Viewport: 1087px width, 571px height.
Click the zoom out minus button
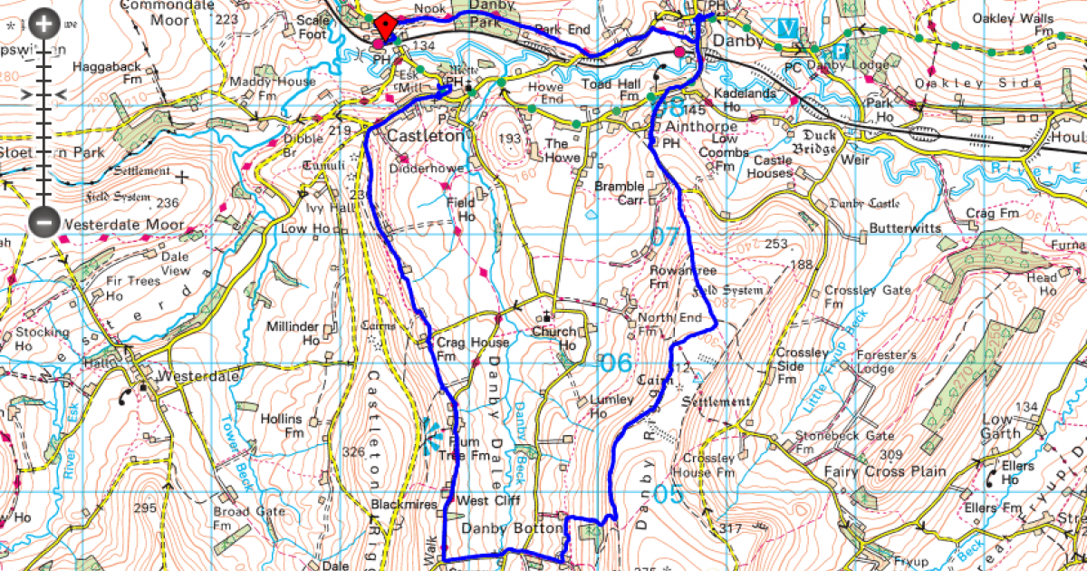[x=43, y=221]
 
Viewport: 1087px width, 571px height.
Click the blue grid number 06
[x=616, y=363]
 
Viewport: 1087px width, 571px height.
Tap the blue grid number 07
[x=665, y=238]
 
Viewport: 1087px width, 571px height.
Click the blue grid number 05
[x=668, y=494]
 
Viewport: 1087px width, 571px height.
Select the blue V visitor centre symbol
[x=787, y=28]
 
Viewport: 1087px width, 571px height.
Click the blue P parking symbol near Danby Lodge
[x=840, y=52]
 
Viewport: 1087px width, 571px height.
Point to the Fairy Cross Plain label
[x=885, y=471]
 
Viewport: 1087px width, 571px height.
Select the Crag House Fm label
[x=459, y=349]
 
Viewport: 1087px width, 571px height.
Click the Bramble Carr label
[x=620, y=193]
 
